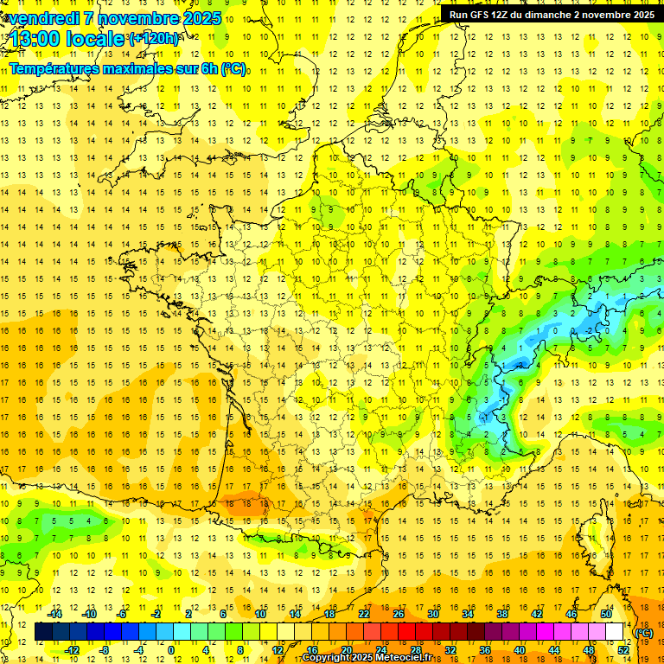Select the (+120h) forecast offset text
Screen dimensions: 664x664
[154, 39]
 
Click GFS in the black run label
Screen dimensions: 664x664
[481, 15]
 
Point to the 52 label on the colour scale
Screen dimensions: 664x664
[623, 650]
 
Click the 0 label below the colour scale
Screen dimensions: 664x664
[171, 650]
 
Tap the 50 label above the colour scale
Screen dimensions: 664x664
[606, 614]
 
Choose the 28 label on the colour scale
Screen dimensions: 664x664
[416, 650]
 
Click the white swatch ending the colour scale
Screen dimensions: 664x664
[615, 632]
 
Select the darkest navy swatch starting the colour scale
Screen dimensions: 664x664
[43, 632]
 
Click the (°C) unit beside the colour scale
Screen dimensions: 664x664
[644, 632]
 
